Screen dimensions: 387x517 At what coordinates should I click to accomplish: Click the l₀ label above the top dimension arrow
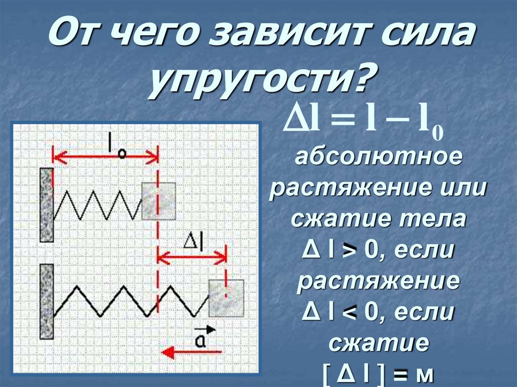(x=117, y=147)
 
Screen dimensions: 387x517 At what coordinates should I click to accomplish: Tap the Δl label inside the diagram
(x=192, y=243)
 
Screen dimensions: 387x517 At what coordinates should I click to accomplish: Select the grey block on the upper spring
(x=159, y=201)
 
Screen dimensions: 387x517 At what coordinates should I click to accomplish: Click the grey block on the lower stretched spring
(x=226, y=298)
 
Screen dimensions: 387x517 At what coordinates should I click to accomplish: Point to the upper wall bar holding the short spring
(x=46, y=205)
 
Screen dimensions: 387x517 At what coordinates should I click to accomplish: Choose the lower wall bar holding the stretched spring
(x=46, y=302)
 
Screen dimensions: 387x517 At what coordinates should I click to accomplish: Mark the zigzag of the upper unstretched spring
(x=97, y=204)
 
